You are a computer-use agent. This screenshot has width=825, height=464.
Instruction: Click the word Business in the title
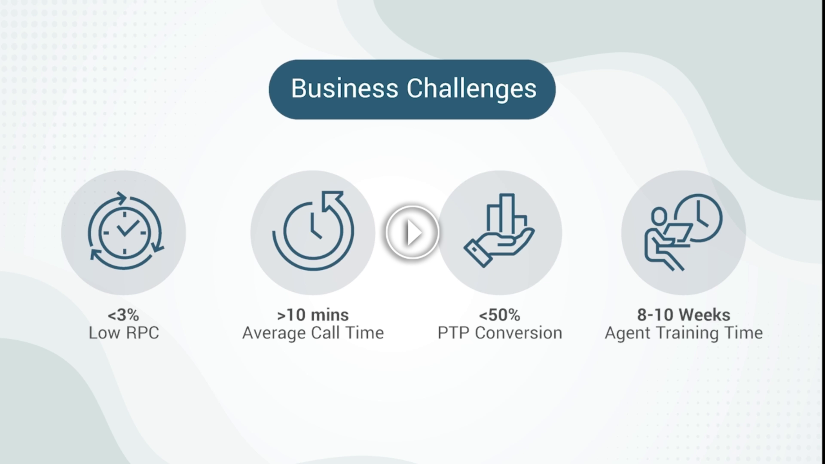pos(345,89)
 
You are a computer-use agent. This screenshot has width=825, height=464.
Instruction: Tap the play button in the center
pos(412,232)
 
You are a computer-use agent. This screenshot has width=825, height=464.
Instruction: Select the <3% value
pos(123,315)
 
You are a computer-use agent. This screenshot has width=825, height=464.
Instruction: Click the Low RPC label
pos(124,333)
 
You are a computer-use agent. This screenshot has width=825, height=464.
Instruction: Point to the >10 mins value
pos(313,315)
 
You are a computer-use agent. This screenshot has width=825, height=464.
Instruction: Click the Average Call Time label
pos(313,333)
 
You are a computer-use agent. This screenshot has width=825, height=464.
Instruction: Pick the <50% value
pos(499,315)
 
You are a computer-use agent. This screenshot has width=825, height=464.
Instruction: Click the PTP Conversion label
pos(500,333)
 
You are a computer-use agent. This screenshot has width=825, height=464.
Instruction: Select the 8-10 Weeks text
pos(683,315)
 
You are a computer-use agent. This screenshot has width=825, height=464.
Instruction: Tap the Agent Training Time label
pos(684,333)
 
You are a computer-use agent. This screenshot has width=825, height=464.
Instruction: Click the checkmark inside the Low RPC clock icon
pos(128,228)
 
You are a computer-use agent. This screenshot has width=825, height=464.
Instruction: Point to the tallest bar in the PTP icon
pos(507,213)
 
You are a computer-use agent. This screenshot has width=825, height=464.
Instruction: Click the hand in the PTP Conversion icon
pos(498,247)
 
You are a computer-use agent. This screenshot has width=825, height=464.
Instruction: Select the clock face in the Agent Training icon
pos(698,218)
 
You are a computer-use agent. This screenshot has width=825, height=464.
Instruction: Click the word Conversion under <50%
pos(519,333)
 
